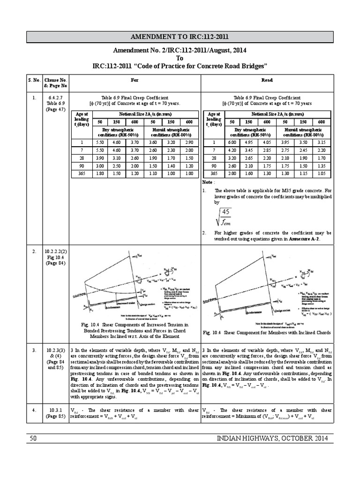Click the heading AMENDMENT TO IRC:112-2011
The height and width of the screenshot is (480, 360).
(180, 37)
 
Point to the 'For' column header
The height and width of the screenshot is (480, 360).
(135, 80)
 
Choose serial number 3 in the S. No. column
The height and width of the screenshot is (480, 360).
(34, 350)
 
